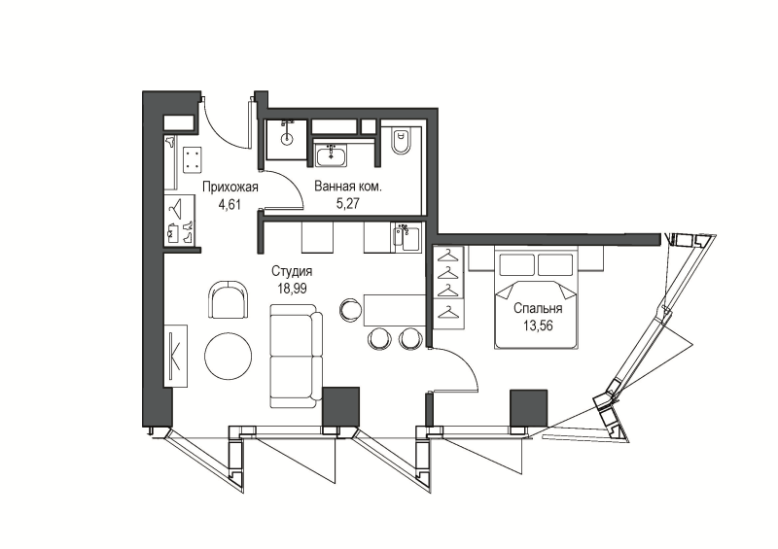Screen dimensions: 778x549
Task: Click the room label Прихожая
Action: coord(230,188)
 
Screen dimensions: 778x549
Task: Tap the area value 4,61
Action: coord(230,204)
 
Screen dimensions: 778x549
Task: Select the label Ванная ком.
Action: coord(348,187)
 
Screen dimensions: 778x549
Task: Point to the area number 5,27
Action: coord(348,203)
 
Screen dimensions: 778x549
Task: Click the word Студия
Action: coord(292,272)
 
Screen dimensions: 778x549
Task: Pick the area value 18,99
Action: coord(292,289)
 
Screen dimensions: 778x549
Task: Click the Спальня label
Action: coord(538,309)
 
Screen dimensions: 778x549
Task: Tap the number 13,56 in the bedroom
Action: coord(538,326)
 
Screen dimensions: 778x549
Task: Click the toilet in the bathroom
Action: coord(401,141)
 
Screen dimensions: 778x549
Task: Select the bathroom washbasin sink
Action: coord(332,154)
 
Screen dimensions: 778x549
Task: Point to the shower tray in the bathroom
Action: coord(286,139)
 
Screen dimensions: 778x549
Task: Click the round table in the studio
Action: coord(229,357)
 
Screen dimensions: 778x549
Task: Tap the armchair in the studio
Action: coord(229,300)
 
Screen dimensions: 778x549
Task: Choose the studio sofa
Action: coord(296,357)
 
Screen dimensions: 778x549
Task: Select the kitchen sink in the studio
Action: coord(407,238)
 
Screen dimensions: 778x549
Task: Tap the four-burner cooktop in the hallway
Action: coord(192,160)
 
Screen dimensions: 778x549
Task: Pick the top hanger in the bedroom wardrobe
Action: coord(449,257)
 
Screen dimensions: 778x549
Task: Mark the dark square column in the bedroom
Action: coord(529,408)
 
